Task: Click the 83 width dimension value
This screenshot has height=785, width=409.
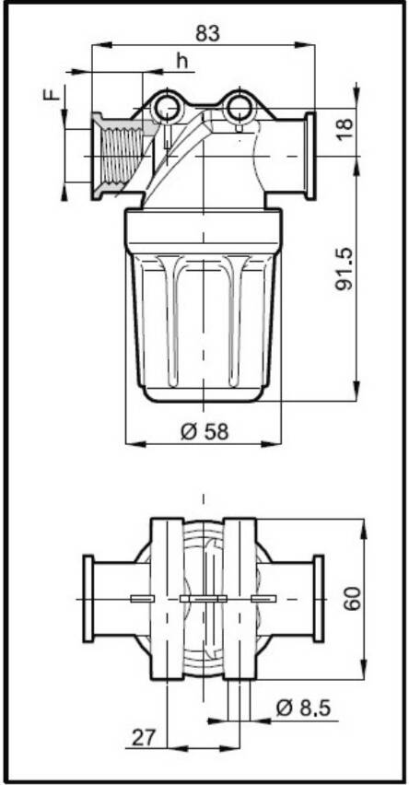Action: tap(208, 33)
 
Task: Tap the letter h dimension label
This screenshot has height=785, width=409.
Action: tap(182, 61)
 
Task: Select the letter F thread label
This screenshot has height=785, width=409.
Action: tap(51, 94)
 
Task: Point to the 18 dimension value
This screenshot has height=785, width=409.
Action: tap(345, 130)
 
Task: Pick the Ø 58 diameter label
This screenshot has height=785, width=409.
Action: tap(204, 431)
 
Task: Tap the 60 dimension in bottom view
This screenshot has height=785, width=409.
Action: tap(353, 598)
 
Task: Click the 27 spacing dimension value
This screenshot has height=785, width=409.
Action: tap(145, 737)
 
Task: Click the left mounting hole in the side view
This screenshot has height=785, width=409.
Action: tap(166, 107)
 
